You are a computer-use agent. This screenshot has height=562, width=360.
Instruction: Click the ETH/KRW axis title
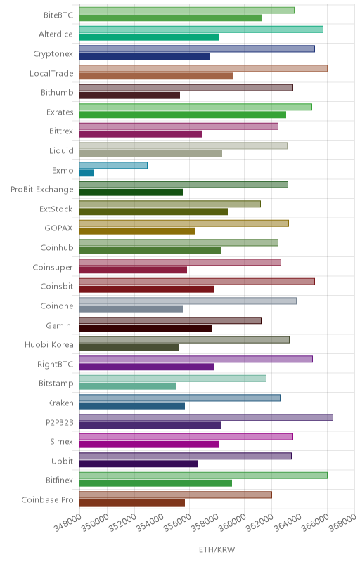point(217,549)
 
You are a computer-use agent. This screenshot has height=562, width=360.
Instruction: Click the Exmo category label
point(63,170)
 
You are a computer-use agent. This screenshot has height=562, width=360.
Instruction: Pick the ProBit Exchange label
point(42,190)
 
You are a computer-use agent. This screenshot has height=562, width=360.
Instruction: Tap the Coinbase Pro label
point(47,499)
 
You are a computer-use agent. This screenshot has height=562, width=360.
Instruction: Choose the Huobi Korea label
point(49,345)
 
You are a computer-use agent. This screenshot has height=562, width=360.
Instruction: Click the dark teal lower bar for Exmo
point(86,173)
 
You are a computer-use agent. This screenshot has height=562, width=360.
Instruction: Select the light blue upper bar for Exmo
point(113,165)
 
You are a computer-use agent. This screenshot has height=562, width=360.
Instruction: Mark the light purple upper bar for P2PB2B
point(206,417)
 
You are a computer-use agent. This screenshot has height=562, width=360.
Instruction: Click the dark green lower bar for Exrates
point(183,115)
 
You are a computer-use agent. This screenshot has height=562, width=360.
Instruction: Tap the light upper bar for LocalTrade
point(203,68)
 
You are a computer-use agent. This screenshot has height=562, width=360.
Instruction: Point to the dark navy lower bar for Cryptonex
point(145,57)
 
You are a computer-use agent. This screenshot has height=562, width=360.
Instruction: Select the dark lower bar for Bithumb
point(130,96)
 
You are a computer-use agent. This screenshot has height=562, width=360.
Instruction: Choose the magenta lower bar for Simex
point(150,445)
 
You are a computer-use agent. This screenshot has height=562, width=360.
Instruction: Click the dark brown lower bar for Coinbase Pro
point(132,502)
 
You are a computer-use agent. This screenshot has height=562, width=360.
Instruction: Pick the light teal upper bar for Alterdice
point(201,30)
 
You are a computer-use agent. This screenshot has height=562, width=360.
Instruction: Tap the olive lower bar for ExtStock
point(153,211)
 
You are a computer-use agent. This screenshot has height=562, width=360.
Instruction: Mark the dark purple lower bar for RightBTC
point(147,367)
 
